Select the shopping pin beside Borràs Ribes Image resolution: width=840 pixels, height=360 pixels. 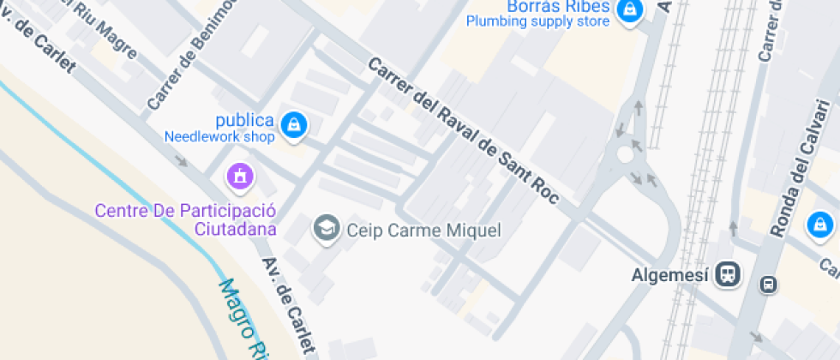[x=630, y=10]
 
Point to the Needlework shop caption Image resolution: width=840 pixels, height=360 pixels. [x=219, y=136]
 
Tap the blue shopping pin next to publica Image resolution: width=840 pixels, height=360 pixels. [x=294, y=124]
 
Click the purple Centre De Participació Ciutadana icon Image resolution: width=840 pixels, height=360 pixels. [x=239, y=177]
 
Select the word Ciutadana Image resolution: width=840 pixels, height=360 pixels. [x=236, y=229]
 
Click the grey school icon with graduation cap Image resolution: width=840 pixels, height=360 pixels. [x=326, y=229]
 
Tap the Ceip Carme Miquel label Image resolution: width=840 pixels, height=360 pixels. [x=423, y=230]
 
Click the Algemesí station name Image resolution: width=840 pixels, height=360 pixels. [x=670, y=274]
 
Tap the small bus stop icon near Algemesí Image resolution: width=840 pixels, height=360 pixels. [x=768, y=285]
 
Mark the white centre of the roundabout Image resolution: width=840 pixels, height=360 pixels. [x=626, y=155]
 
